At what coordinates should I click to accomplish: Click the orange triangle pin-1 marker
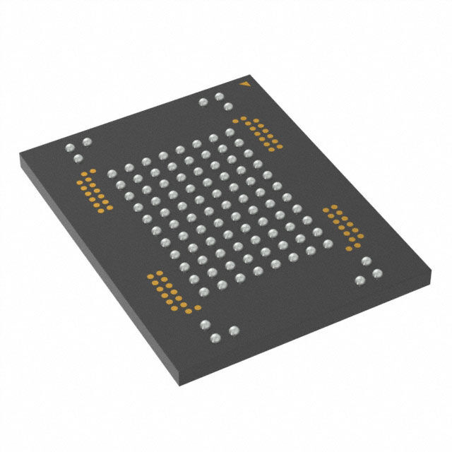point(245,85)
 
